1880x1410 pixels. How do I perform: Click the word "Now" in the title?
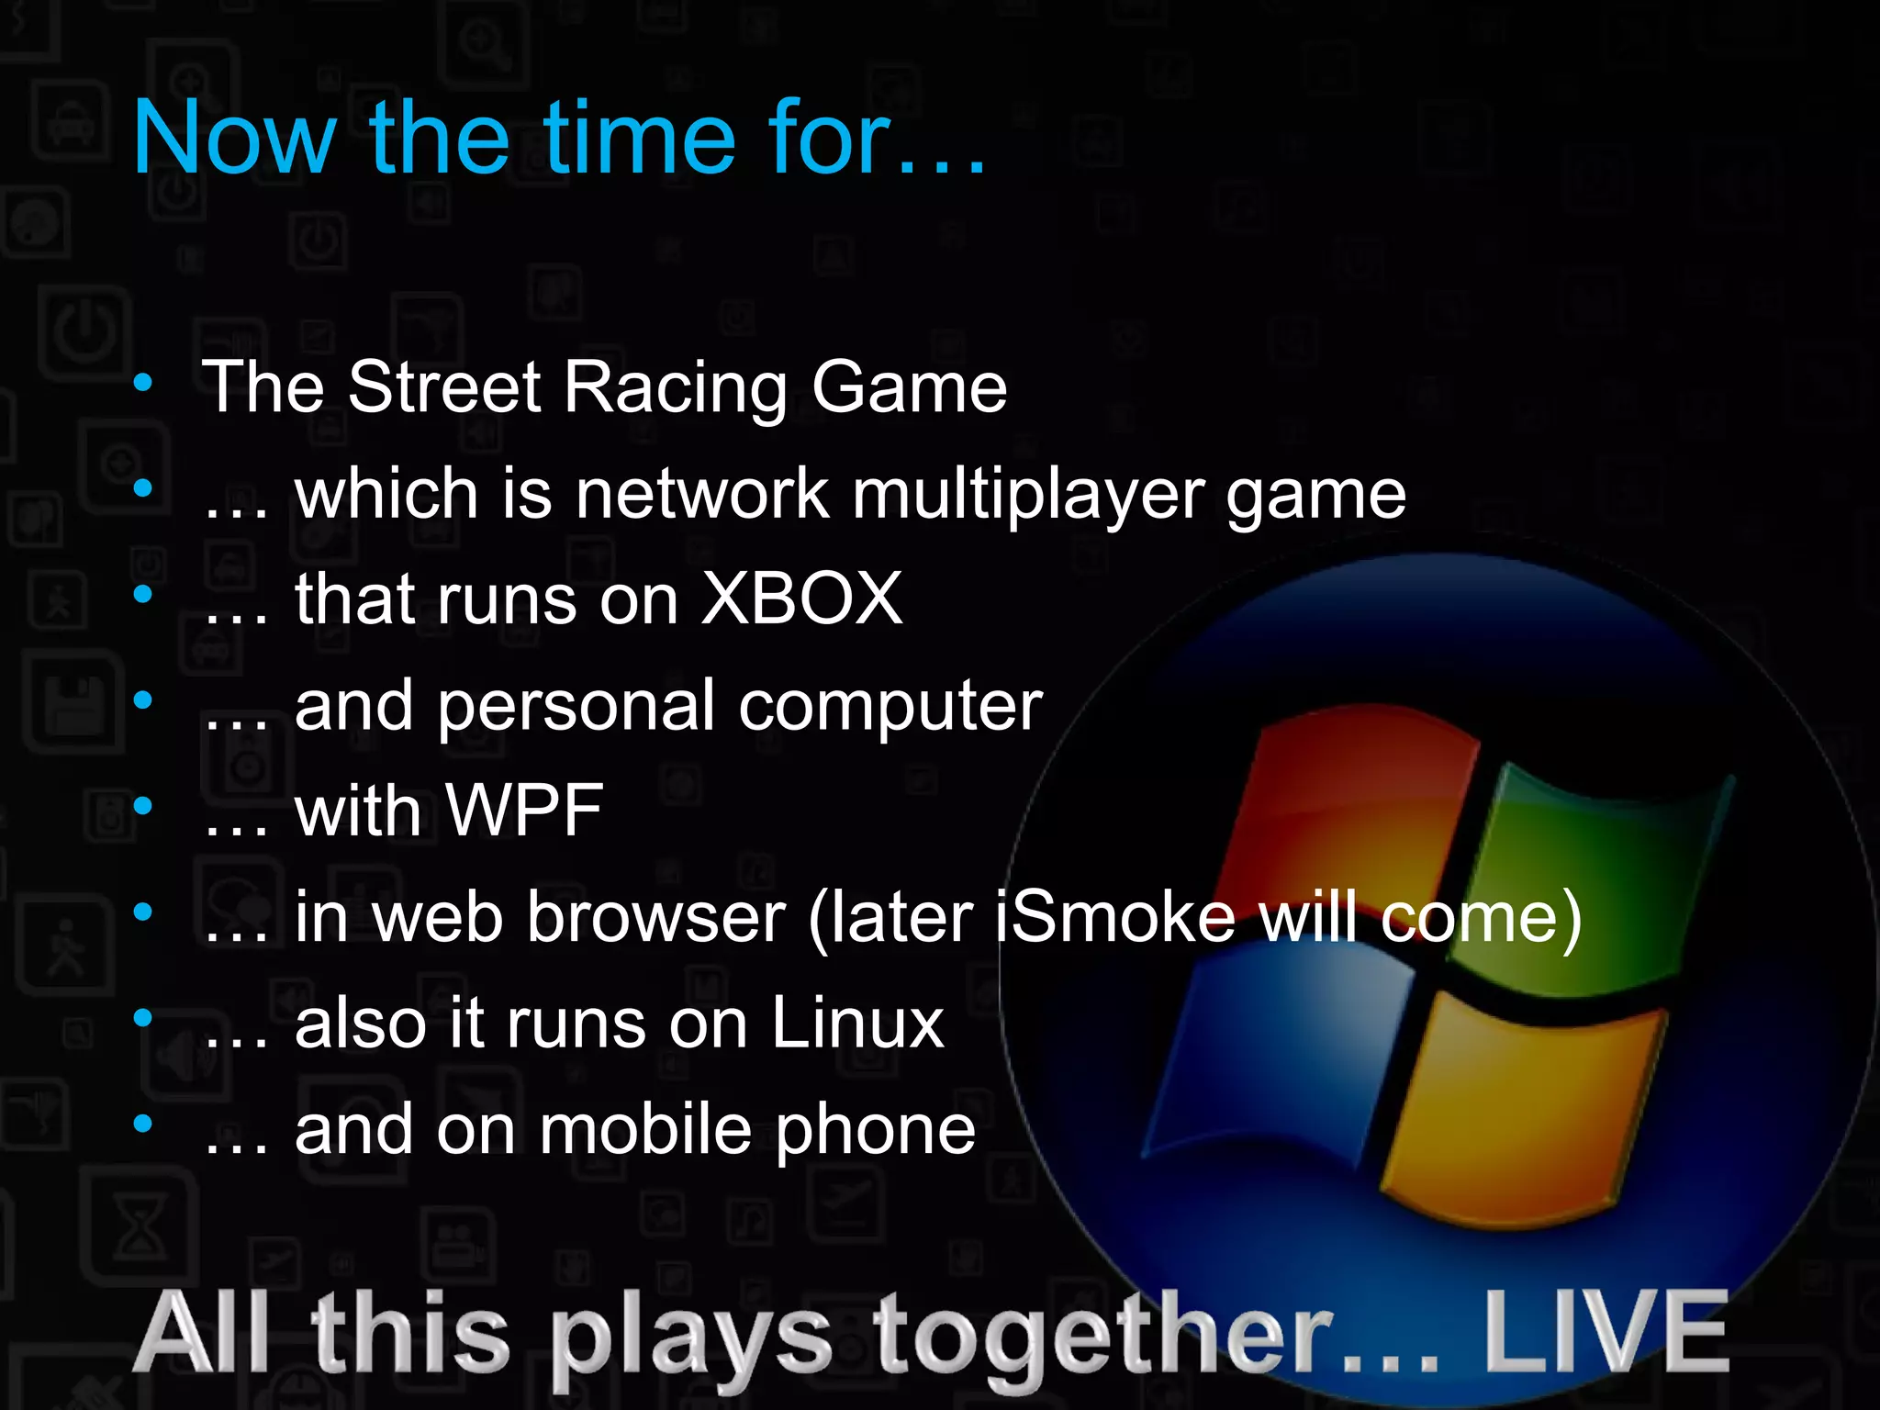tap(234, 138)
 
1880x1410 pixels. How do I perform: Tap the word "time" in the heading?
tap(640, 138)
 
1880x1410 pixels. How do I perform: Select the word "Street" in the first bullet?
tap(444, 387)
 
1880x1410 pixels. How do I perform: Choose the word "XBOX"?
tap(801, 599)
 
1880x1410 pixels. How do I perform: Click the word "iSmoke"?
tap(1115, 917)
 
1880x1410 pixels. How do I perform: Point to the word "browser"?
tap(656, 917)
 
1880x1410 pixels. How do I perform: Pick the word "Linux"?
tap(856, 1023)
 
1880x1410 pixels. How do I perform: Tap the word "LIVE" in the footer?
tap(1606, 1331)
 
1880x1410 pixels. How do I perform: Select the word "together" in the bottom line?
tap(1102, 1336)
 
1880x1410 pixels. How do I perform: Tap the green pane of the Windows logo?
tap(1597, 881)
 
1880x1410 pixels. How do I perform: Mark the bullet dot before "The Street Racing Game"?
tap(142, 383)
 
